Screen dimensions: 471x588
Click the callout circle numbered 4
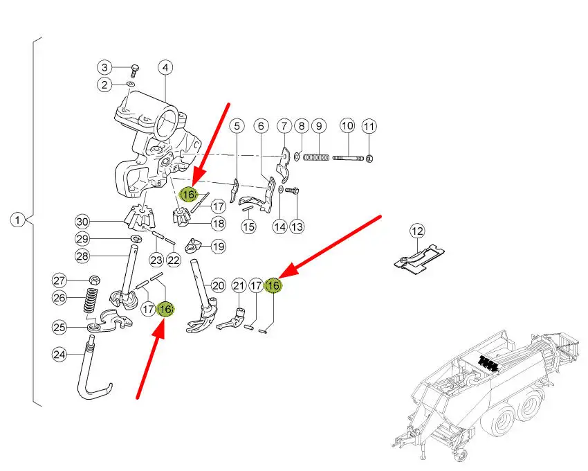click(165, 67)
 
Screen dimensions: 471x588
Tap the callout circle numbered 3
click(104, 67)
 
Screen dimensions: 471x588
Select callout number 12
click(417, 231)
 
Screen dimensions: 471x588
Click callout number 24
click(59, 355)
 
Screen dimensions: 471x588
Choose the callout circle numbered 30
click(83, 222)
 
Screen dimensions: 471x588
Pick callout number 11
click(369, 126)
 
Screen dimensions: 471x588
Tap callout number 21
click(239, 285)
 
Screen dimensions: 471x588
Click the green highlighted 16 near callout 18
click(187, 195)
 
